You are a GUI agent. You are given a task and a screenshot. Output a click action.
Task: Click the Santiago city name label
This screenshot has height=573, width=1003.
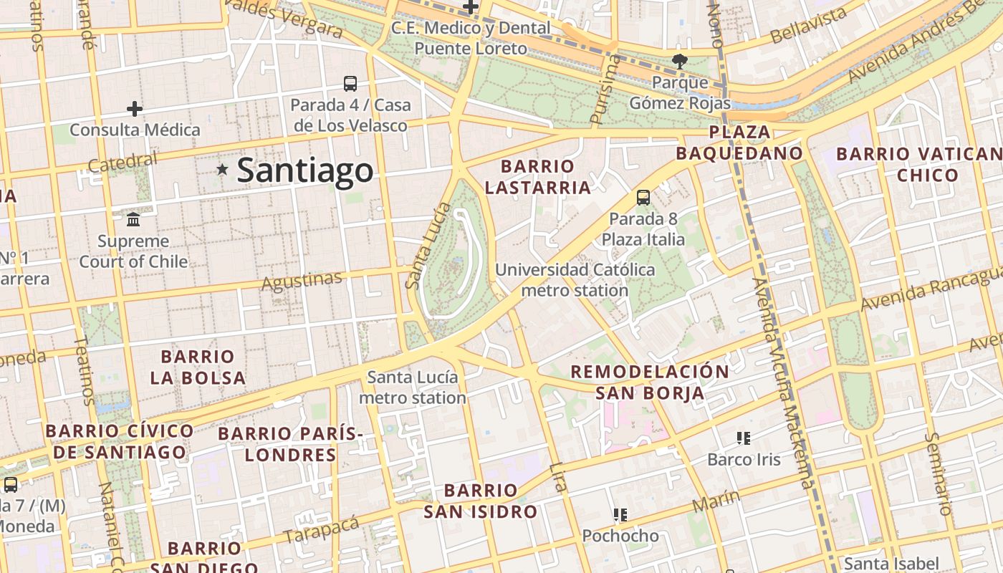(304, 170)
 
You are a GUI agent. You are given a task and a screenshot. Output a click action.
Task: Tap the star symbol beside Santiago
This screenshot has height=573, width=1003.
(223, 170)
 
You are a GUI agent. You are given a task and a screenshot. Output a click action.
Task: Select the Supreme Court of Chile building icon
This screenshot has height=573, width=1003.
(133, 219)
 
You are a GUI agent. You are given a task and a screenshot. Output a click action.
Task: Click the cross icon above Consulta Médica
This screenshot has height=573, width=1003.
(134, 109)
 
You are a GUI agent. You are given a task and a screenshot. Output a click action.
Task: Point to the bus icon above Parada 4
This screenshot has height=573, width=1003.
(350, 84)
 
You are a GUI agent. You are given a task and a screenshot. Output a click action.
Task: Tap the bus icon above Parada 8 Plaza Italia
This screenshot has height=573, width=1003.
(643, 198)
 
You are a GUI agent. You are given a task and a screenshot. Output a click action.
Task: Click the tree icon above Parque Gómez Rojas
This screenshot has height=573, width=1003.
(679, 62)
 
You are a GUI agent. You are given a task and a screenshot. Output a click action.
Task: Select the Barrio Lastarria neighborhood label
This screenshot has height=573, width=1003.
(537, 177)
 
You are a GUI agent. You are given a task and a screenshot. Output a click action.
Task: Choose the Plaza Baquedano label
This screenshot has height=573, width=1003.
(739, 143)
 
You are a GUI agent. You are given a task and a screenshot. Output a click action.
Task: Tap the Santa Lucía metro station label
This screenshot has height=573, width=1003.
(413, 387)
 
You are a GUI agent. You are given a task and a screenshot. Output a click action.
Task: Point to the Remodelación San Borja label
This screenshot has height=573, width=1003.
(650, 382)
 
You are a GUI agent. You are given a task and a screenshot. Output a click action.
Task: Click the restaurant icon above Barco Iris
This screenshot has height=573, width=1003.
(743, 438)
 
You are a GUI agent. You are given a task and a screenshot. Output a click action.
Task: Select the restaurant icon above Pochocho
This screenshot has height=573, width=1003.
(620, 514)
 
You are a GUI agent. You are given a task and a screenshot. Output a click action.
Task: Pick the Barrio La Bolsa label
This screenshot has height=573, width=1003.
(198, 367)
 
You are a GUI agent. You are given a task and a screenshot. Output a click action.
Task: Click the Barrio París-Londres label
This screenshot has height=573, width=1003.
(291, 444)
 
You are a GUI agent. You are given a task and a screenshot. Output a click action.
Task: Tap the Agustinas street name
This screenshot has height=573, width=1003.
(301, 281)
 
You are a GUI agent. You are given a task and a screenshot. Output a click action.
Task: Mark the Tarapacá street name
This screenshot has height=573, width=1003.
(320, 530)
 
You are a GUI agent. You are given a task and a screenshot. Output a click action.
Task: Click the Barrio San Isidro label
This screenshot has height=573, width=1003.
(480, 501)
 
